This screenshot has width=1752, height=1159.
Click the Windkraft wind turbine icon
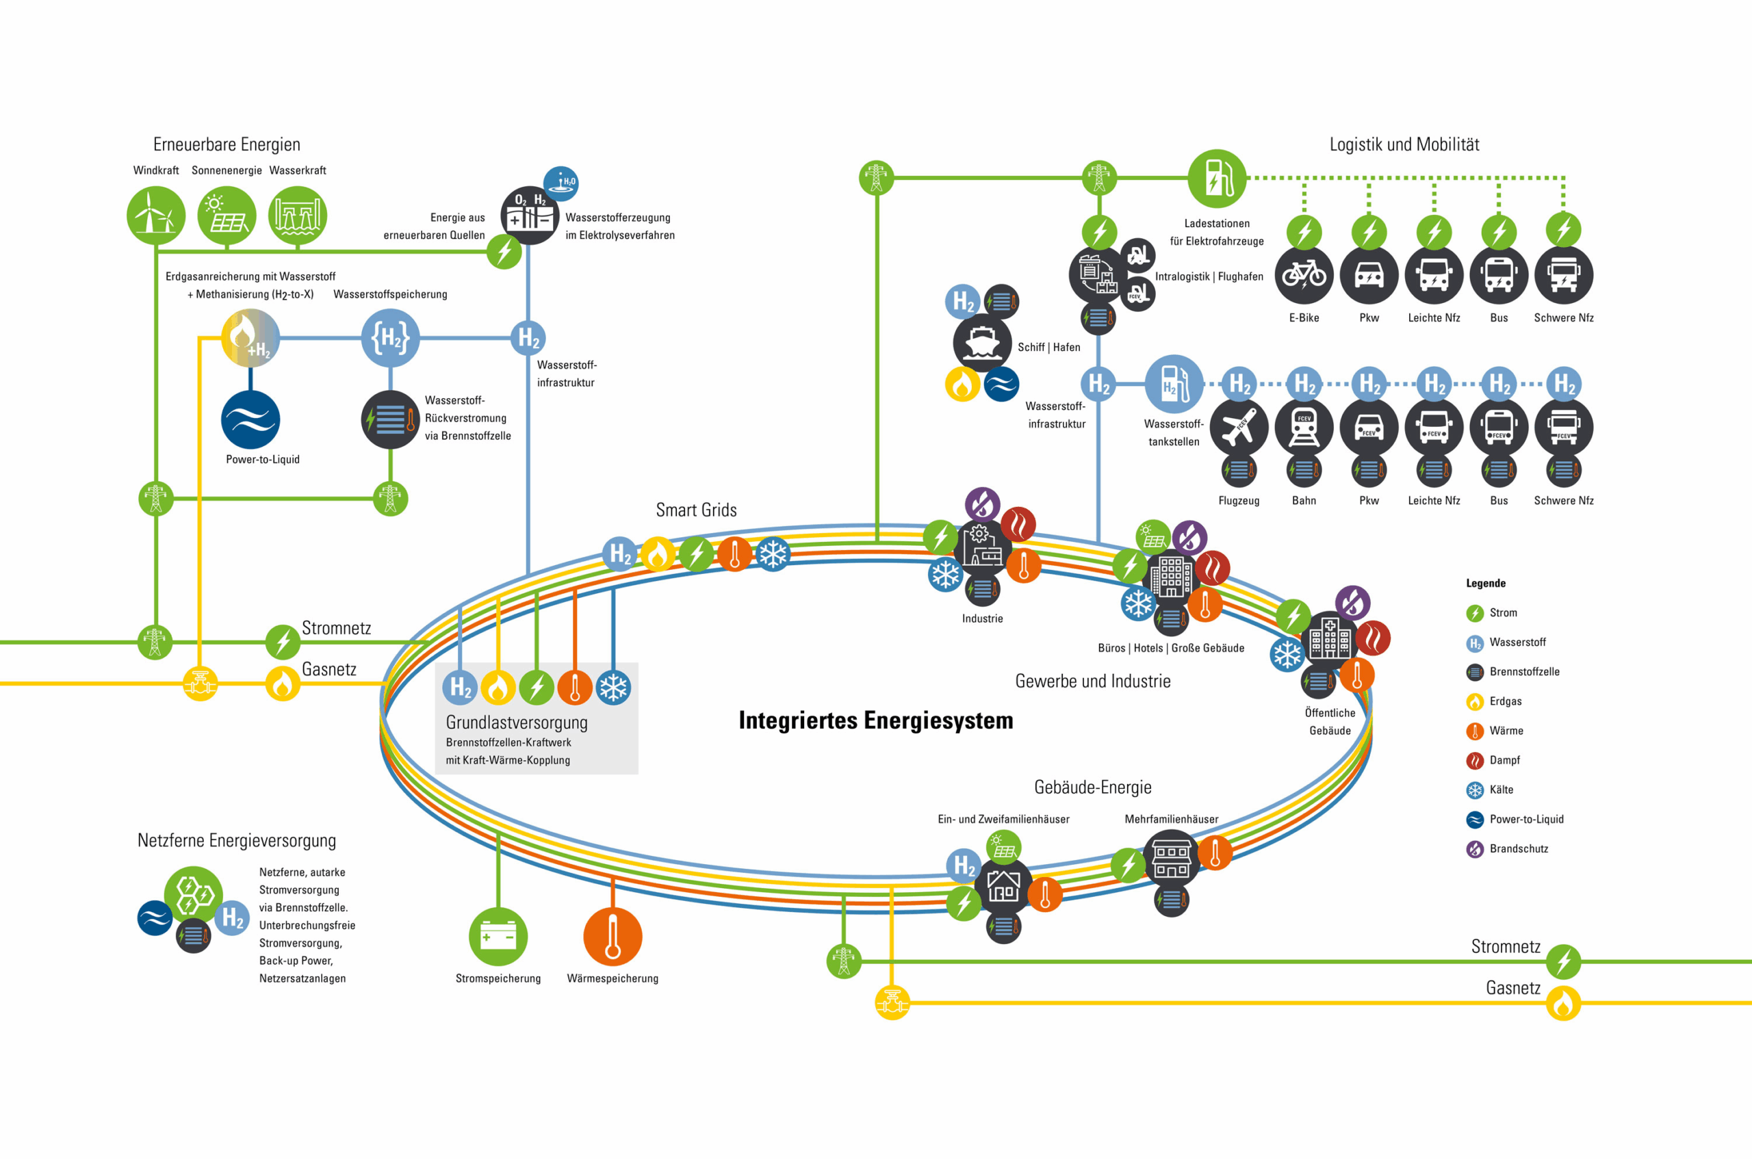155,215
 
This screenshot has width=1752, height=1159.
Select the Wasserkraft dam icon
297,215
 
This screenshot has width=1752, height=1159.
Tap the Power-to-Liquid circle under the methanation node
250,420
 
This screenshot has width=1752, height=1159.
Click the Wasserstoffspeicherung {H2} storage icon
390,339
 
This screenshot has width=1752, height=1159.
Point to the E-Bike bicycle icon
1304,275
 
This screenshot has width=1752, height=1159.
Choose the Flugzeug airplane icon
1239,427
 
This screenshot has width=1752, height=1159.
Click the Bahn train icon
1304,427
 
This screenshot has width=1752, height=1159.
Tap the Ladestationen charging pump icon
1217,178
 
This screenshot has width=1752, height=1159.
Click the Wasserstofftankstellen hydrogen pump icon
1174,385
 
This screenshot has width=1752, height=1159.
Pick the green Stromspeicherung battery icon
498,937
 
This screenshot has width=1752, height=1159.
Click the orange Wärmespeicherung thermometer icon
613,937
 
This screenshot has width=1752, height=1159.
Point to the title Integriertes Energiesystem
876,720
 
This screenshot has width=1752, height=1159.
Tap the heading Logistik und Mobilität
1404,144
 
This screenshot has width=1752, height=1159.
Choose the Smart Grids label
697,510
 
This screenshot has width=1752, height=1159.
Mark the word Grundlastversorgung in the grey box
517,722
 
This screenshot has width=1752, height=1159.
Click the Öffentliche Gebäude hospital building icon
1330,638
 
